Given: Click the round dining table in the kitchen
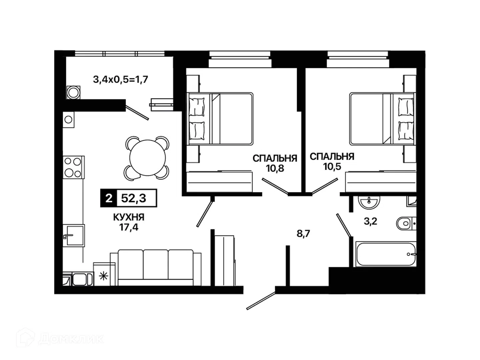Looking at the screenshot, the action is tap(147, 158).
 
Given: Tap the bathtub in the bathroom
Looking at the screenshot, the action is tap(386, 254).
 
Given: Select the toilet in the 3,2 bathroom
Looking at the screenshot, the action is tap(406, 223).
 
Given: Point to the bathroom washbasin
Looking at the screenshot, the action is tap(369, 202).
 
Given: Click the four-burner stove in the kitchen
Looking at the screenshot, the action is tap(73, 167).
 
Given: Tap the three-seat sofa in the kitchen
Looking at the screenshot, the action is tap(155, 268).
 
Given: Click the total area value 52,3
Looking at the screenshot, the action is tap(134, 198).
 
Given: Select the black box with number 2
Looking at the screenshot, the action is tap(109, 198).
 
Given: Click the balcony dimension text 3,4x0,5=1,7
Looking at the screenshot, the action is tap(120, 79).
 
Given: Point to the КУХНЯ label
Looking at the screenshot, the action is tap(129, 217).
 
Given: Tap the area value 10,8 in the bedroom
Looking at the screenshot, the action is tap(275, 168).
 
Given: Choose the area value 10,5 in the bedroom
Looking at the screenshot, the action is tap(332, 167).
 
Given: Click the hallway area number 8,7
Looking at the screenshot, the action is tap(303, 234).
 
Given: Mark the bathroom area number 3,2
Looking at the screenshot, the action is tap(370, 221).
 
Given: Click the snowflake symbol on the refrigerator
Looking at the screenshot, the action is tap(103, 276).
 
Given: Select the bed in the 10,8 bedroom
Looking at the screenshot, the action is tap(220, 119).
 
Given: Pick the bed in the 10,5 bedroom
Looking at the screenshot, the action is tap(382, 119).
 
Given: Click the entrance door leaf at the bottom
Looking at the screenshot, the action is tap(260, 301).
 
